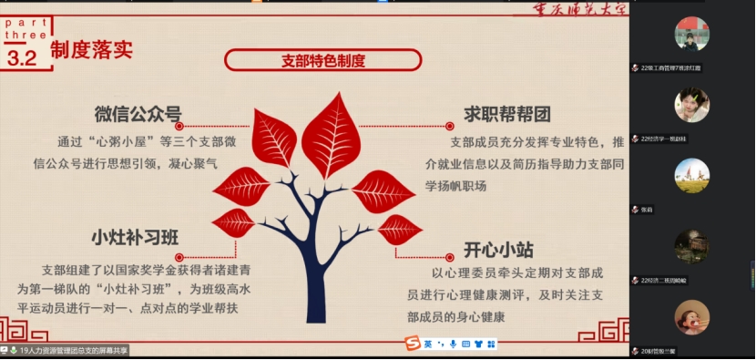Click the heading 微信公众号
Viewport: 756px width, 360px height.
coord(138,114)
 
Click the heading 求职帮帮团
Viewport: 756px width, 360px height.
coord(495,114)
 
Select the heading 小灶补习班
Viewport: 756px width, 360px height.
coord(134,237)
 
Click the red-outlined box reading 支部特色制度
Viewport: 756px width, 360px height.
coord(323,61)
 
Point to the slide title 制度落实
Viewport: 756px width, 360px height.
coord(91,49)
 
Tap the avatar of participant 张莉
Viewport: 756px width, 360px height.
coord(691,176)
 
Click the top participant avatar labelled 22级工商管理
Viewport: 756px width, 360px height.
coord(691,35)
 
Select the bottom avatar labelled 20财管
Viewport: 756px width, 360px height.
coord(691,317)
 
